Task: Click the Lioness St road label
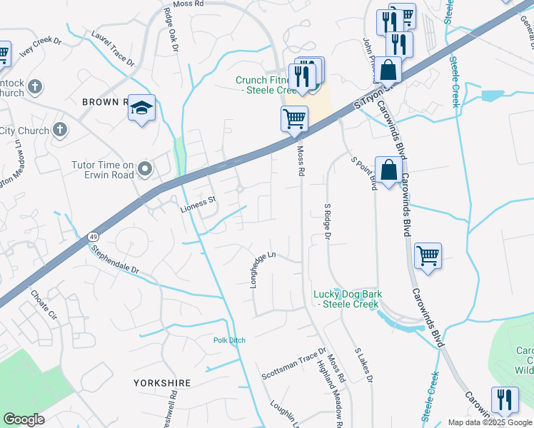point(197,201)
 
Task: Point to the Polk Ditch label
point(229,340)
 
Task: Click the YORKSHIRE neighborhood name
point(162,383)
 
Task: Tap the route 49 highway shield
point(94,236)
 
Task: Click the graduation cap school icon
point(141,108)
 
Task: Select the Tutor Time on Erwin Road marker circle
point(146,169)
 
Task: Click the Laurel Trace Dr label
point(113,48)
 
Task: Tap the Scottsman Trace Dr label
point(293,364)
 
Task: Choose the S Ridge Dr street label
point(328,222)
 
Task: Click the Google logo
point(24,419)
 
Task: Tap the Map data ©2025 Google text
point(489,422)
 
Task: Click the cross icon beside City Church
point(61,131)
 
